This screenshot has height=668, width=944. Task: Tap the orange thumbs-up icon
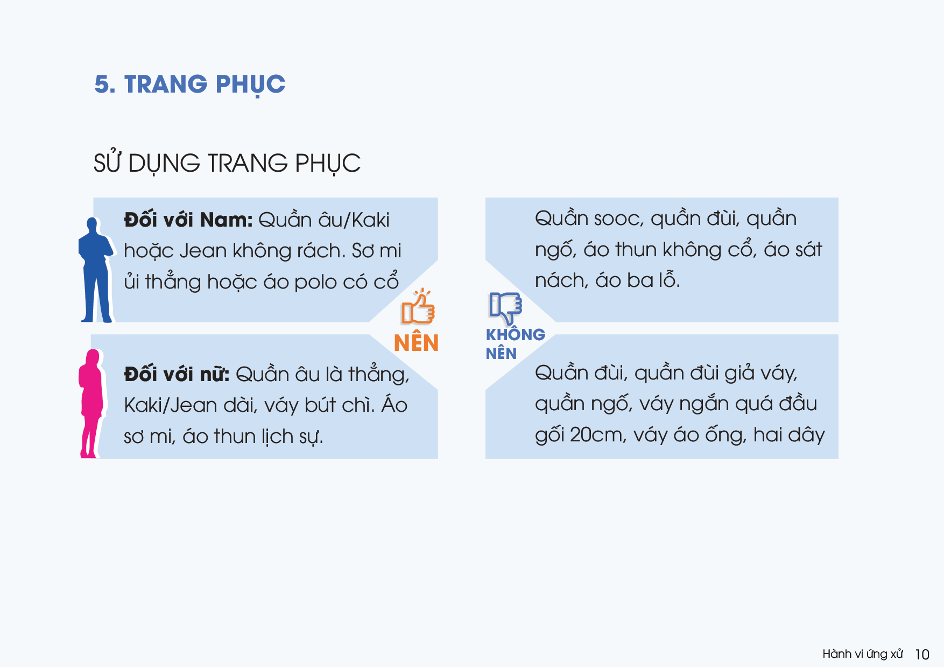(x=418, y=307)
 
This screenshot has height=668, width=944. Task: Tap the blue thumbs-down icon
(x=505, y=308)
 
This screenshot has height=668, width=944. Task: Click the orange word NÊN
(x=416, y=343)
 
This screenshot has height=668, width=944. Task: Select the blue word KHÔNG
(x=516, y=335)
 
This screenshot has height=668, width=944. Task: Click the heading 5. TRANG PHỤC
(x=190, y=85)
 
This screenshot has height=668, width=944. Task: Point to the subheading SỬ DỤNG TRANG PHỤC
(x=227, y=163)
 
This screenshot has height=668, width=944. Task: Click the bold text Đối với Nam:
(x=188, y=220)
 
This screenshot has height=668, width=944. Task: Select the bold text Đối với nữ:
(x=177, y=374)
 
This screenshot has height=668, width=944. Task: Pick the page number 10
(x=922, y=655)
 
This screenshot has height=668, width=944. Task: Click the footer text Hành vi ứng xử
(x=863, y=654)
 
